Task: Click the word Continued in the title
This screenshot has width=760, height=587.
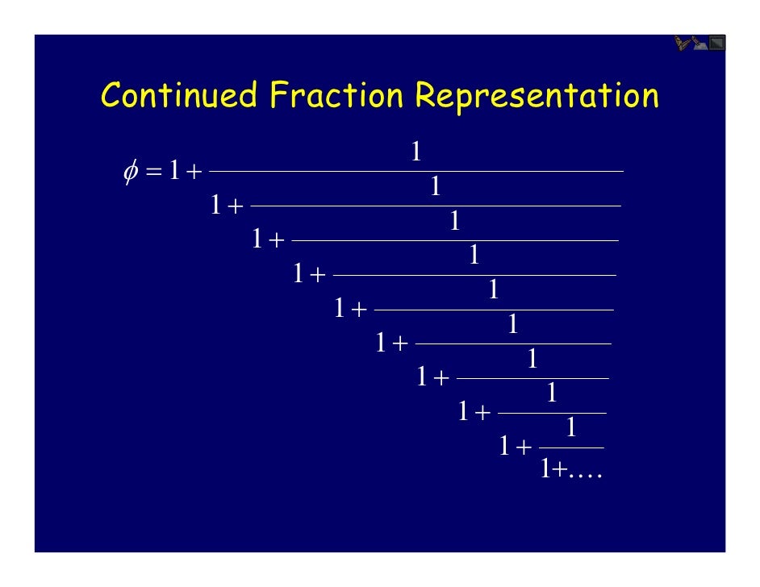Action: [x=180, y=97]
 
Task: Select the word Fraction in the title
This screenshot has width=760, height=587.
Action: [x=336, y=97]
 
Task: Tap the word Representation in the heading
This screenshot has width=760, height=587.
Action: [x=536, y=97]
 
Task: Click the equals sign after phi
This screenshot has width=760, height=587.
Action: [x=154, y=173]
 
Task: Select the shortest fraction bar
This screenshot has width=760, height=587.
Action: [x=571, y=448]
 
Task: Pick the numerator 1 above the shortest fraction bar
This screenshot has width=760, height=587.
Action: [x=571, y=428]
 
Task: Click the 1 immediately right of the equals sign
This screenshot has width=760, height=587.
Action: [x=173, y=172]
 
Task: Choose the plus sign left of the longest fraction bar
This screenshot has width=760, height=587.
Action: [x=194, y=173]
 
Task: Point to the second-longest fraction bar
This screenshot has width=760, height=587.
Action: [x=436, y=206]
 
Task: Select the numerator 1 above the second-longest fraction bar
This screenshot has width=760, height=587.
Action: [x=435, y=187]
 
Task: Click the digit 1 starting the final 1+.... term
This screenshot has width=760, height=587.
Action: [x=545, y=468]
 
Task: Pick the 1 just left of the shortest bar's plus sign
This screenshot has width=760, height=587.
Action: [x=504, y=447]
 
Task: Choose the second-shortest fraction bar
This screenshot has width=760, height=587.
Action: [x=552, y=413]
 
